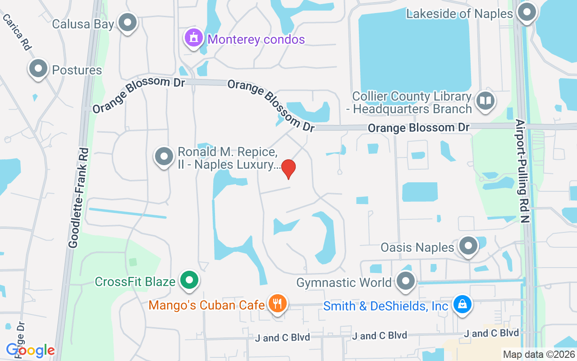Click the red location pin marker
[288, 168]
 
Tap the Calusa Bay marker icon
[128, 22]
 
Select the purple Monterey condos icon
[194, 38]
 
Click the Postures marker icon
[38, 69]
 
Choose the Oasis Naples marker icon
[468, 246]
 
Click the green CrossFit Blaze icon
[189, 281]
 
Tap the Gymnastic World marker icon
[406, 281]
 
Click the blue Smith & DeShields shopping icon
[462, 305]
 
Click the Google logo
[30, 350]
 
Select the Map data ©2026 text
[539, 355]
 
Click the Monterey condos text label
[256, 39]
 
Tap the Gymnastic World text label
[344, 283]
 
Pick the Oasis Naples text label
[417, 248]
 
